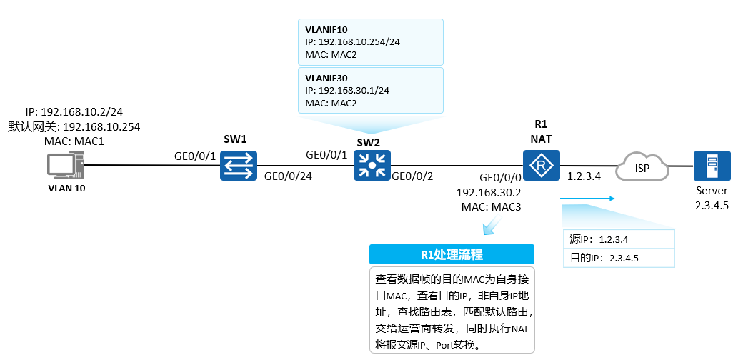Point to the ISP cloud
(644, 168)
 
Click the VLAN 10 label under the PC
(66, 189)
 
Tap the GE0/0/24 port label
(288, 176)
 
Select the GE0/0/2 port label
(413, 176)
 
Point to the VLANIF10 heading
(326, 29)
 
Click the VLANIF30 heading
(326, 78)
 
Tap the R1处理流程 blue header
(452, 255)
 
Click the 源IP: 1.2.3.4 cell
(618, 239)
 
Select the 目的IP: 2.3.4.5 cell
(618, 257)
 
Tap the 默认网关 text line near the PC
(74, 126)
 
